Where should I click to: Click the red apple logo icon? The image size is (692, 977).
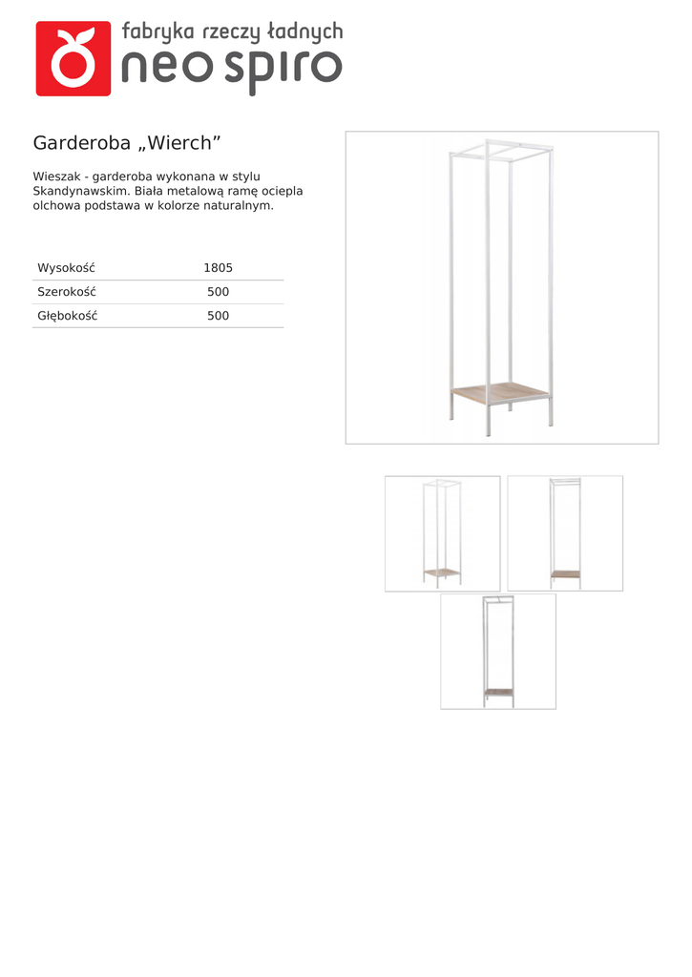(x=73, y=59)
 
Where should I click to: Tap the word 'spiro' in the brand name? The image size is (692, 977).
(x=284, y=69)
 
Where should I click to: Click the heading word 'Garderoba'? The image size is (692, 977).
(x=81, y=143)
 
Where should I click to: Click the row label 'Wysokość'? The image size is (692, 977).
(x=66, y=268)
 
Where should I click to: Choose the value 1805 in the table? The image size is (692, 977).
(x=218, y=268)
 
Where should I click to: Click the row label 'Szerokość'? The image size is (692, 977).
(x=67, y=292)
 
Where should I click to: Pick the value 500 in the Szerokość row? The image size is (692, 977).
(x=218, y=292)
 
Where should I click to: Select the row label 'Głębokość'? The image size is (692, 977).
(x=68, y=316)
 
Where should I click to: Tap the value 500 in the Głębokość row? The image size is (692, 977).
(x=218, y=316)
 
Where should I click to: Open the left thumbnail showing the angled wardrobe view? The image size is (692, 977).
(x=442, y=533)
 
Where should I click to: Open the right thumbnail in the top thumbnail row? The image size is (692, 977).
(x=565, y=533)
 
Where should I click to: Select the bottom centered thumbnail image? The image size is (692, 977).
(x=498, y=652)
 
